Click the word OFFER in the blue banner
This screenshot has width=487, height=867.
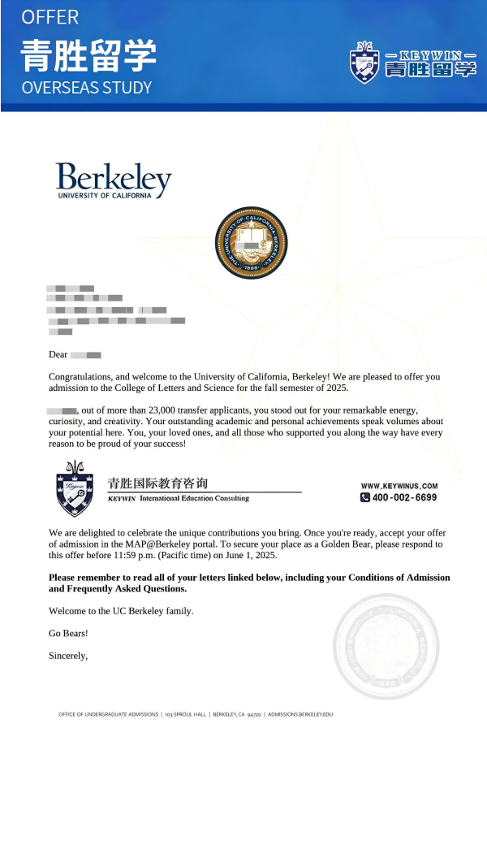click(50, 17)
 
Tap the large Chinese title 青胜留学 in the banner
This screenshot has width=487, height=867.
click(88, 55)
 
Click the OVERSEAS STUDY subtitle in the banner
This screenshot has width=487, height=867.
click(87, 88)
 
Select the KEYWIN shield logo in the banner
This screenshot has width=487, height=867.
click(364, 62)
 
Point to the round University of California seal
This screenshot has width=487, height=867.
click(251, 243)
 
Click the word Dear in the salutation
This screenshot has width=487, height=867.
click(58, 354)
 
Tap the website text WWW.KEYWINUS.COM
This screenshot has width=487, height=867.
click(399, 486)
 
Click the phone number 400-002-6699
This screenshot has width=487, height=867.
click(404, 497)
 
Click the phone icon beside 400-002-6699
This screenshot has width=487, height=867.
click(365, 497)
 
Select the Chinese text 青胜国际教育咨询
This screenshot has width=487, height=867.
click(157, 483)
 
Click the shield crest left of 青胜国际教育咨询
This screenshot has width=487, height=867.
click(74, 489)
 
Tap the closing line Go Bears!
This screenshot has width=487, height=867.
click(68, 633)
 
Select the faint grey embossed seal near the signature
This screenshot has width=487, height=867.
click(386, 647)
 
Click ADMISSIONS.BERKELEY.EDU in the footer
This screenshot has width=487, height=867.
click(300, 714)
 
